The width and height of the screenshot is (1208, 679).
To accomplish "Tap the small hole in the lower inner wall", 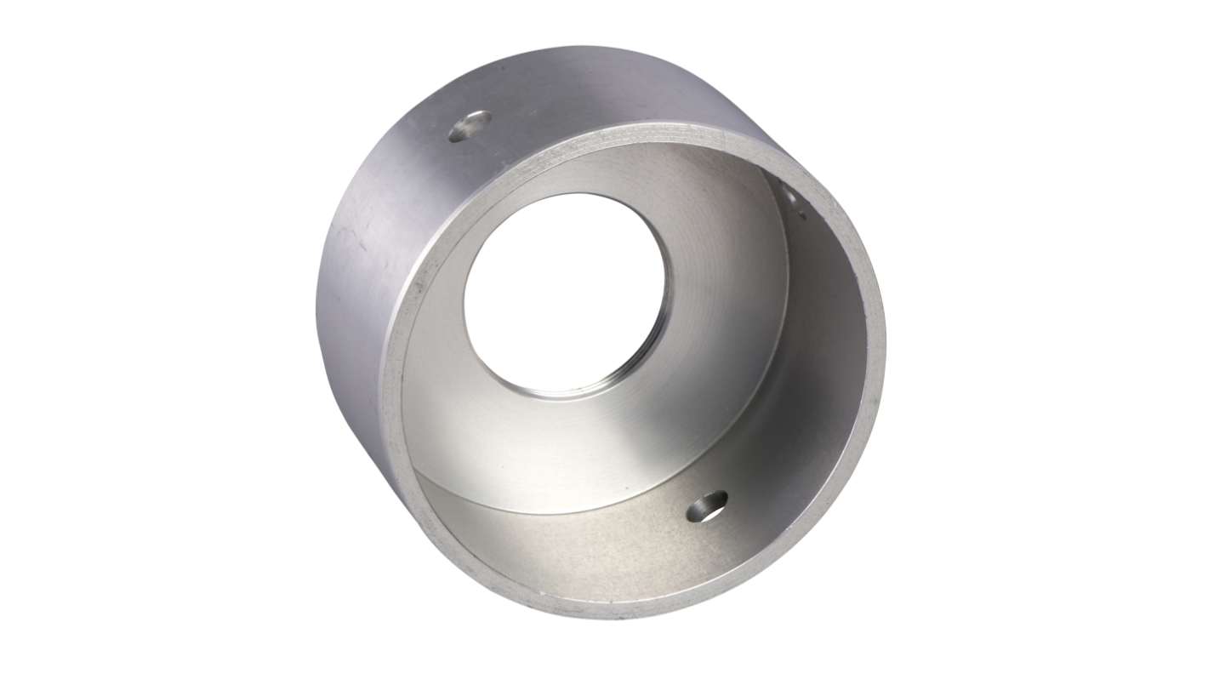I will click(x=707, y=505).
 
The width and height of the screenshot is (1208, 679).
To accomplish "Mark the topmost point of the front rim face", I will click(x=672, y=130).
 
